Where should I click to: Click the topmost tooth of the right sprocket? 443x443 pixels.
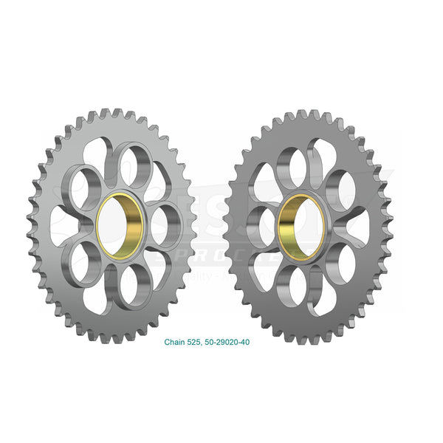301,115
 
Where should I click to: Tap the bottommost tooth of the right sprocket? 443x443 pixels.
301,336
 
